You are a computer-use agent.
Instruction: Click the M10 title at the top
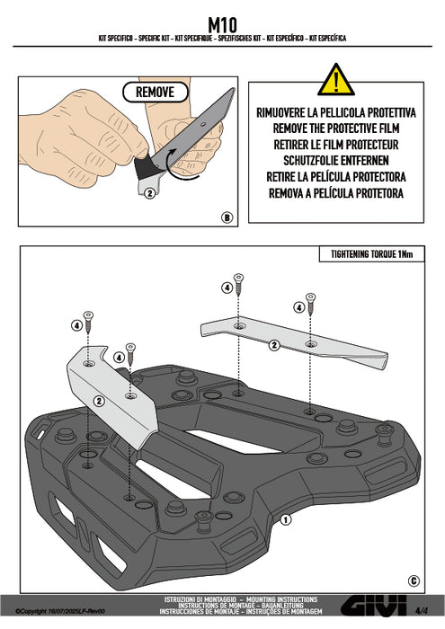coord(222,25)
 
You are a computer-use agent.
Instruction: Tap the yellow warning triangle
coord(336,80)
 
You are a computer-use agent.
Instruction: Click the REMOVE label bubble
coord(155,93)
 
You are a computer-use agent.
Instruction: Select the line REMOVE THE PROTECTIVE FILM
coord(336,128)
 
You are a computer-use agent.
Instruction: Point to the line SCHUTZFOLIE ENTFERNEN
coord(336,161)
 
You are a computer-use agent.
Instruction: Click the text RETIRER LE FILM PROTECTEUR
coord(336,145)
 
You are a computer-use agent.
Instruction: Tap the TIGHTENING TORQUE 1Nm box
coord(371,254)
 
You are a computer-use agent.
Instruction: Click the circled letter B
coord(227,217)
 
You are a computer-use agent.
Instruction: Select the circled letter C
coord(414,580)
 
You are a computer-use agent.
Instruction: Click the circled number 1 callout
coord(285,520)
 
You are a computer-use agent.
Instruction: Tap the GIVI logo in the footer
coord(374,607)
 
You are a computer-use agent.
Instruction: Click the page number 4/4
coord(422,611)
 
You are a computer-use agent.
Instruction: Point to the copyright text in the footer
coord(60,611)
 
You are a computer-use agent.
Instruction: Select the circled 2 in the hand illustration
coord(149,193)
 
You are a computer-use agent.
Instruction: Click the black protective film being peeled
coord(145,169)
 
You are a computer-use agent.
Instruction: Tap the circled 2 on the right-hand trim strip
coord(274,345)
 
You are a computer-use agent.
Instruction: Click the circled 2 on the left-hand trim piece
coord(99,401)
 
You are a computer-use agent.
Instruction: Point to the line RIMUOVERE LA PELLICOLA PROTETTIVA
coord(336,112)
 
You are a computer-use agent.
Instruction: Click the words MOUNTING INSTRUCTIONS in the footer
coord(281,599)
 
